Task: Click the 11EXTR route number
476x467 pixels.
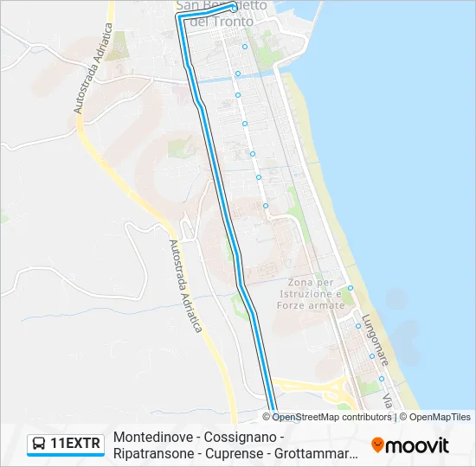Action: tap(76, 445)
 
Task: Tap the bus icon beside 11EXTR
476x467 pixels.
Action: tap(39, 445)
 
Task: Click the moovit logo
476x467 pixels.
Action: tap(410, 445)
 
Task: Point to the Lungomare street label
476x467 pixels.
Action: tap(377, 338)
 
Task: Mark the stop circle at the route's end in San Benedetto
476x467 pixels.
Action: tap(232, 7)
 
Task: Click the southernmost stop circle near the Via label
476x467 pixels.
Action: tap(381, 378)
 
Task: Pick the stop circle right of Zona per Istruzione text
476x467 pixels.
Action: tap(351, 288)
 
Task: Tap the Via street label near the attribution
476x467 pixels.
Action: tap(389, 401)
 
